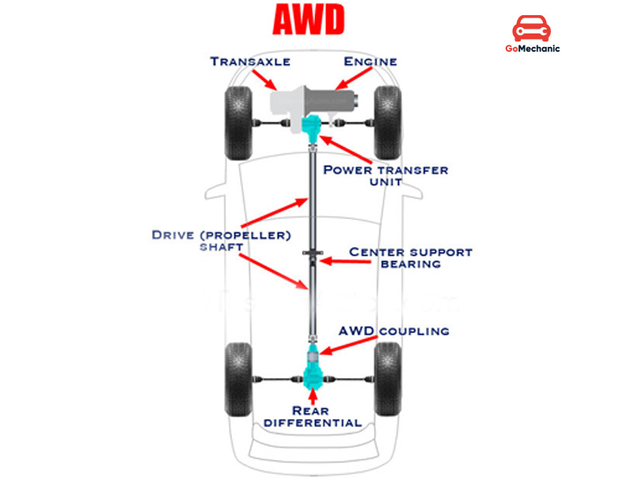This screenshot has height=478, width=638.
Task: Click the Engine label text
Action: click(369, 61)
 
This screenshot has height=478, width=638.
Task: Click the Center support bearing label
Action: click(411, 257)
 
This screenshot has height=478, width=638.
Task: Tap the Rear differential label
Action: click(314, 416)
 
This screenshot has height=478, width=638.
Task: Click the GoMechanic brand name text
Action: click(533, 49)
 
